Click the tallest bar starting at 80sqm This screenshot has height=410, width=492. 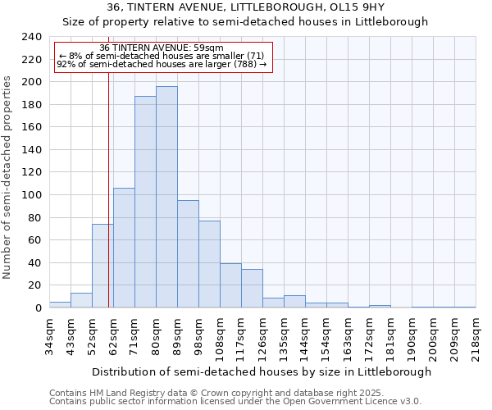(x=166, y=197)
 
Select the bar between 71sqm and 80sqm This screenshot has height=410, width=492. (x=145, y=202)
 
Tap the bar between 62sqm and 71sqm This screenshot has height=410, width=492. (x=124, y=248)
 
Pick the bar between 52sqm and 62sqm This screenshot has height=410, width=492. (x=102, y=266)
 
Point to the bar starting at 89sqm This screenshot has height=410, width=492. (x=188, y=254)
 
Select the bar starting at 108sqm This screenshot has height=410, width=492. (x=230, y=285)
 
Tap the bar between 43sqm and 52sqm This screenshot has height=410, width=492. (x=81, y=300)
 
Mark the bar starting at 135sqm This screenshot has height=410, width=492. (x=294, y=302)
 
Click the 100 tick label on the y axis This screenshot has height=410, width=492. (x=32, y=195)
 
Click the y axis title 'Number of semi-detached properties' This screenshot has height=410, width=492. (x=8, y=177)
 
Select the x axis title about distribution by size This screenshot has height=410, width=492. (x=262, y=371)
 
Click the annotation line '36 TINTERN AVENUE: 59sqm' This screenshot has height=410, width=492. (x=161, y=48)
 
